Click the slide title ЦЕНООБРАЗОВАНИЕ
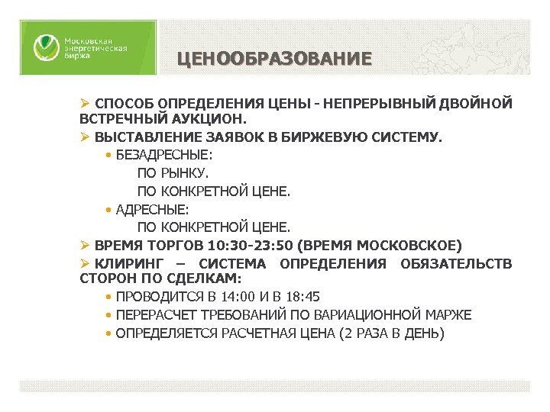(274, 59)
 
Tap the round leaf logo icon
(44, 48)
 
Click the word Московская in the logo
(88, 40)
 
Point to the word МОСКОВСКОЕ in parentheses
(409, 246)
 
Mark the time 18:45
(304, 297)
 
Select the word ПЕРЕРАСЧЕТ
(158, 315)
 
